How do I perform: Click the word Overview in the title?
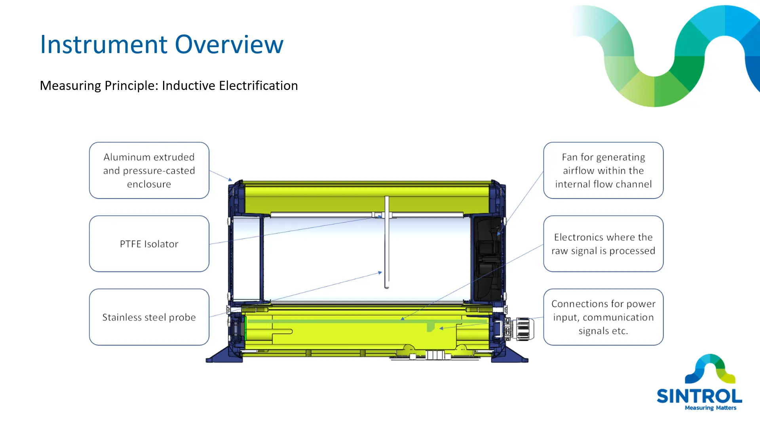(x=229, y=44)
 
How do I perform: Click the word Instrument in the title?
(x=104, y=44)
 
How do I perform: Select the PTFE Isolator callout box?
(x=149, y=244)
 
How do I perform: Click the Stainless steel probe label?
(x=149, y=317)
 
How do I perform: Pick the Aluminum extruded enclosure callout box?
(x=149, y=170)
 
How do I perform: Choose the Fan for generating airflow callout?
(x=603, y=170)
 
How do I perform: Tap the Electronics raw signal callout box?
(x=603, y=244)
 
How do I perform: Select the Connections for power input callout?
(x=603, y=317)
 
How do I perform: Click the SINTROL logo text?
(x=699, y=396)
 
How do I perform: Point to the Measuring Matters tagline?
(x=711, y=408)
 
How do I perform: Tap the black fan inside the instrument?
(x=487, y=258)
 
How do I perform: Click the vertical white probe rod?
(x=387, y=242)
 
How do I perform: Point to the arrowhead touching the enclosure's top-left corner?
(x=230, y=180)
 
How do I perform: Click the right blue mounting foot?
(x=511, y=355)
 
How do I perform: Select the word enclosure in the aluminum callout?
(x=149, y=184)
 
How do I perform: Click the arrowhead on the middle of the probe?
(x=380, y=273)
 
